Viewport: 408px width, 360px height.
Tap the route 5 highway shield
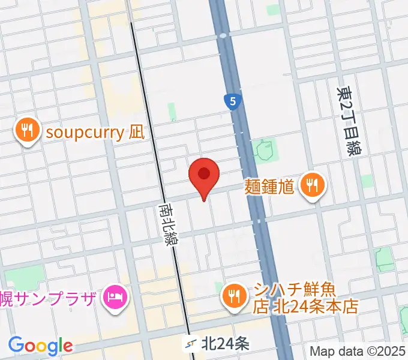point(232,101)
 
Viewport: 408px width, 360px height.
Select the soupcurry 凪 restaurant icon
point(27,131)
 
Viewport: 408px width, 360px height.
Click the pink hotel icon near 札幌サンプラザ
point(114,296)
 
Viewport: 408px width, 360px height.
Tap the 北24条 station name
point(225,344)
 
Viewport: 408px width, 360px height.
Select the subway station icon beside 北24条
point(191,344)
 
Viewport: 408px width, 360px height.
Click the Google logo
point(40,346)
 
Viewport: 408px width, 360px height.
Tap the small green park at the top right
point(273,11)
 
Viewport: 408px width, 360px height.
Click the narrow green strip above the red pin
point(172,111)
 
